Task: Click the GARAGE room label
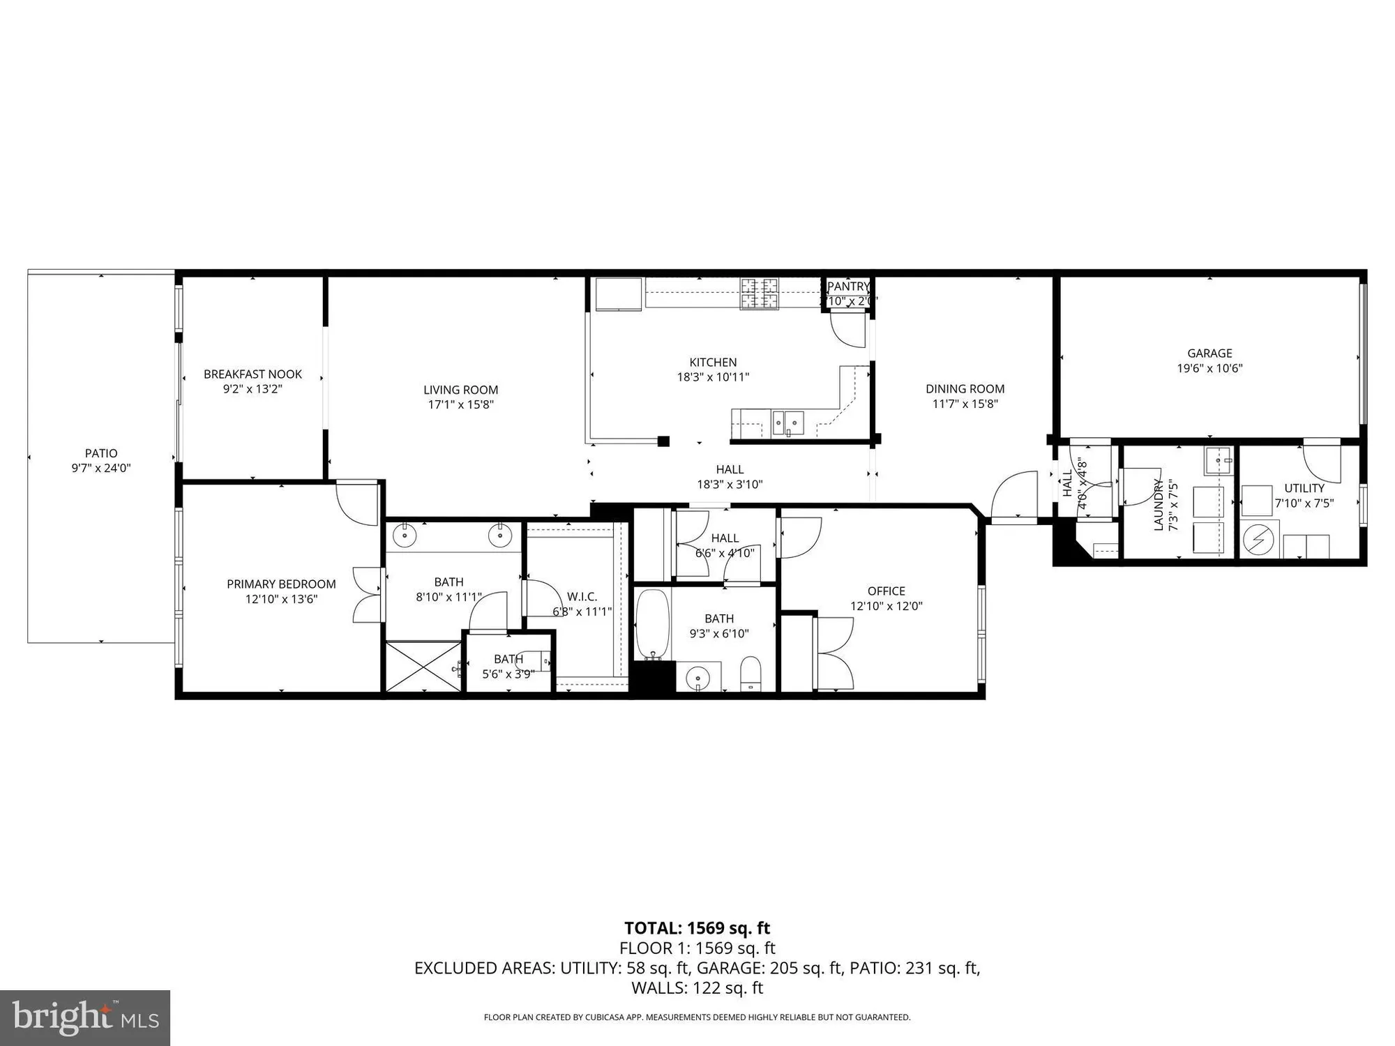tap(1209, 354)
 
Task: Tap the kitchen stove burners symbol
tap(760, 293)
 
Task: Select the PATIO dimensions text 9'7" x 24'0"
tap(101, 469)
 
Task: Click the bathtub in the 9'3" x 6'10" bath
tap(653, 624)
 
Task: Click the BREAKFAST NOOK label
tap(252, 374)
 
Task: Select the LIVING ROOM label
tap(460, 390)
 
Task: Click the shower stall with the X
tap(423, 667)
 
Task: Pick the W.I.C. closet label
tap(582, 597)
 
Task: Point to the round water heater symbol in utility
tap(1259, 540)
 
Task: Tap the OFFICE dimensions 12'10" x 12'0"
tap(886, 607)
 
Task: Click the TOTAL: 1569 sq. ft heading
tap(697, 928)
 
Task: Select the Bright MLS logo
tap(85, 1018)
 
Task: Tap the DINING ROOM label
tap(965, 389)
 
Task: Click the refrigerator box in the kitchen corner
tap(618, 294)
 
